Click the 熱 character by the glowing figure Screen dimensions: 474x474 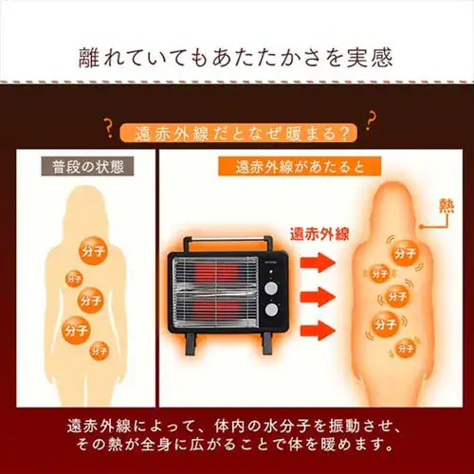pyautogui.click(x=447, y=205)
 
